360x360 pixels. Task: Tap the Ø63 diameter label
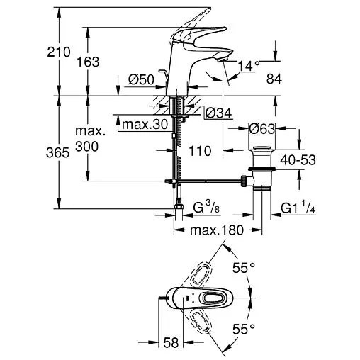(264, 128)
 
